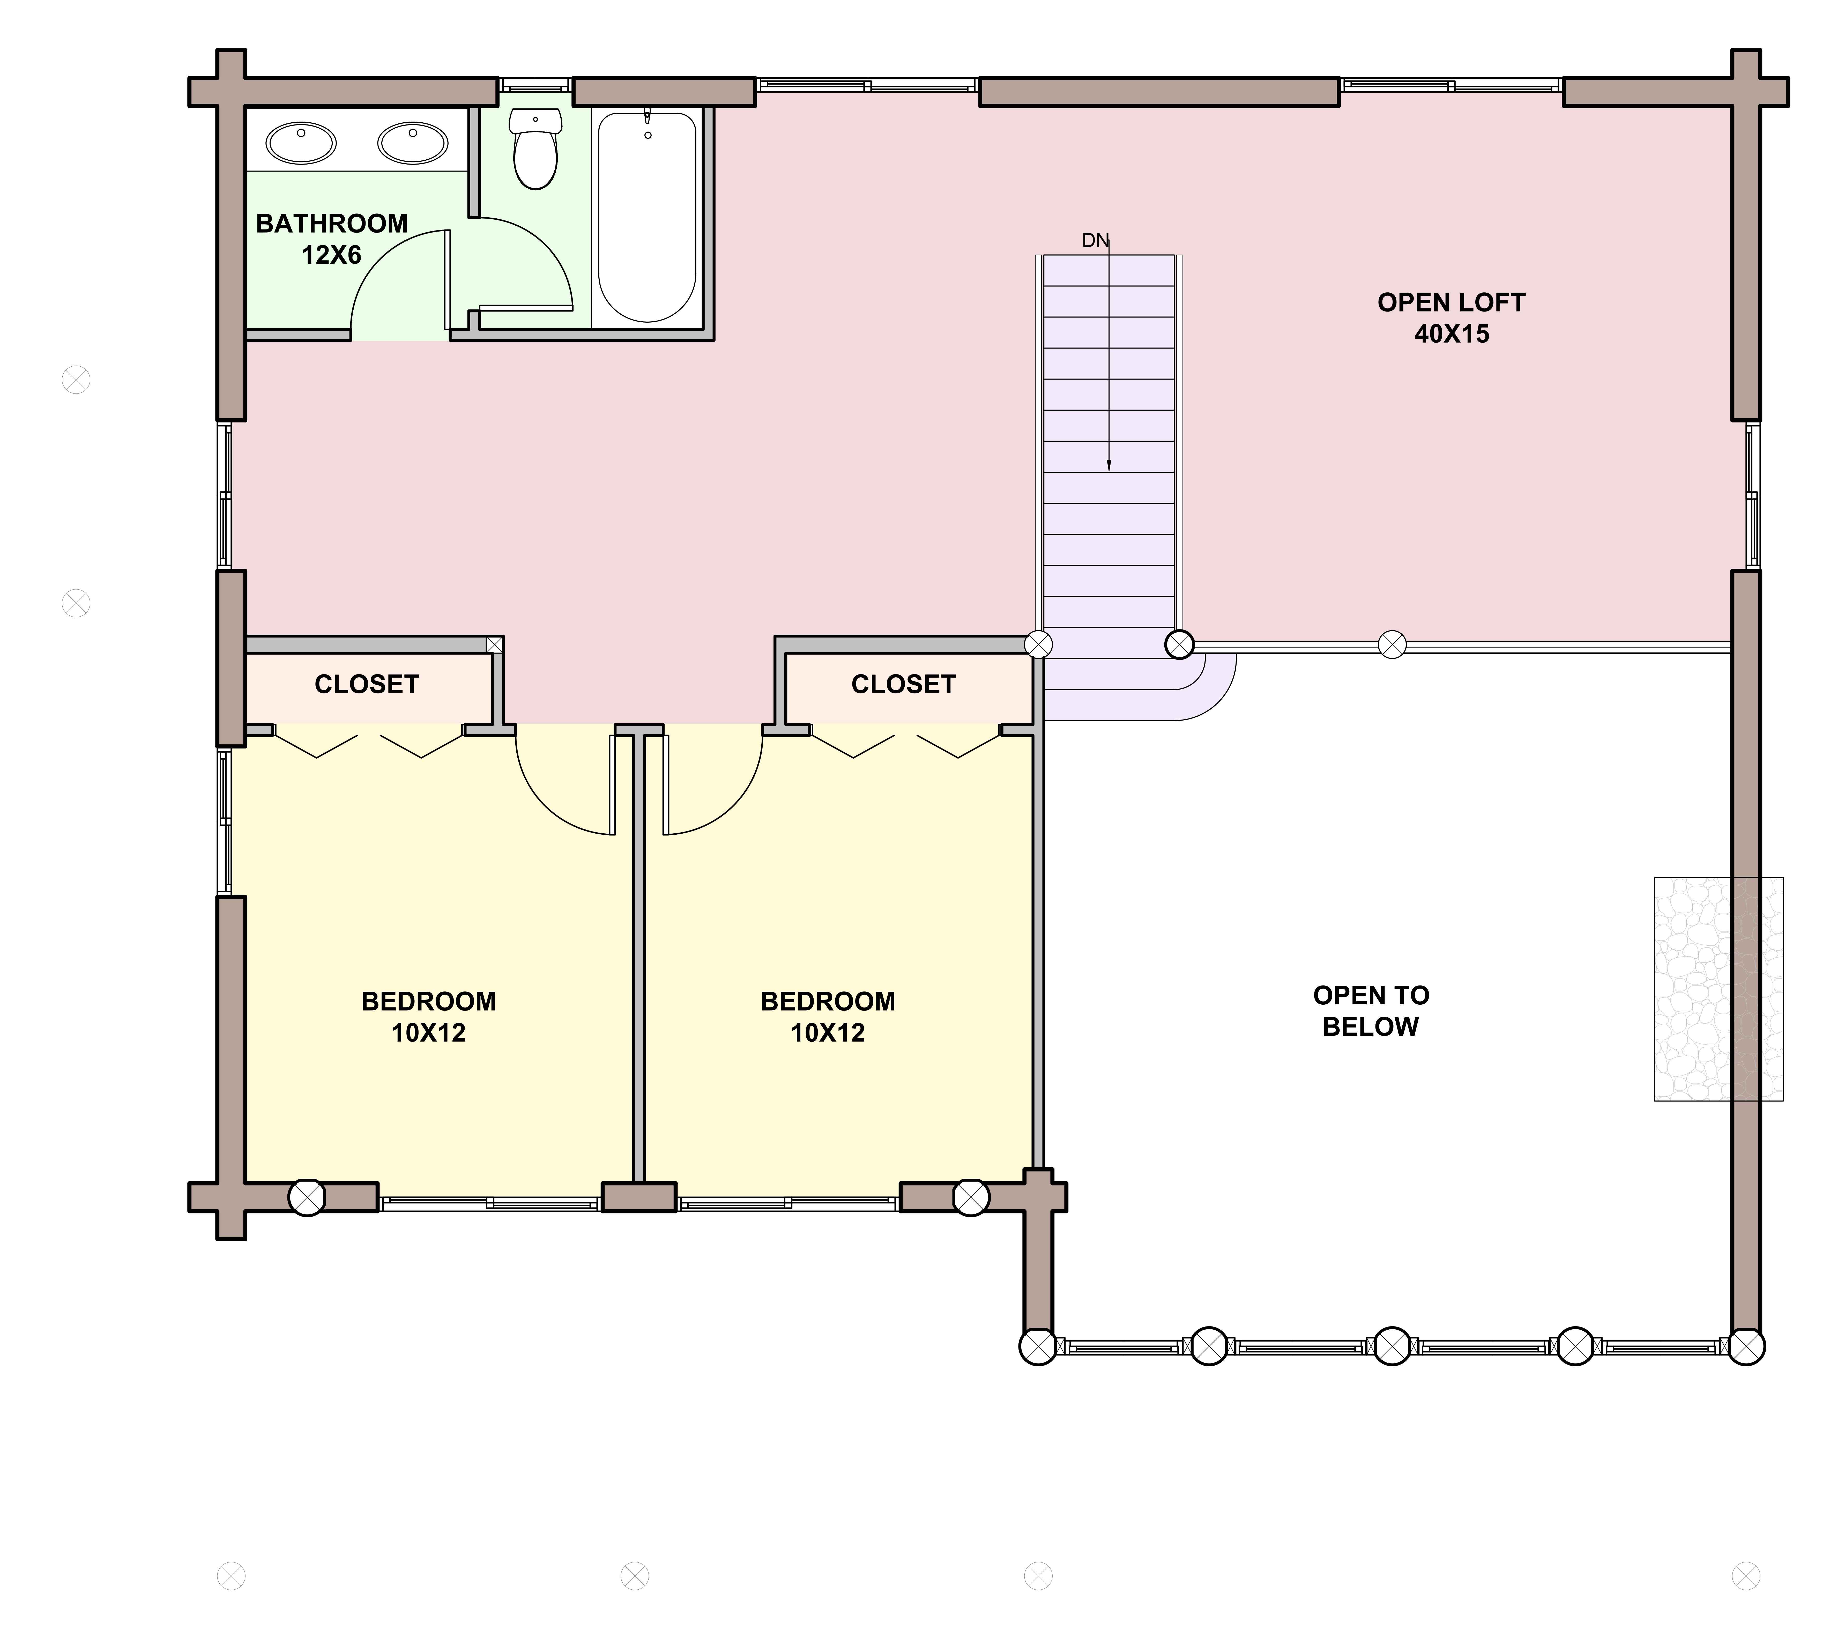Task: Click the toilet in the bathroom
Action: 535,149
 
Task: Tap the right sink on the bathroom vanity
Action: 413,143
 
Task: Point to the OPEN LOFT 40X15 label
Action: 1452,318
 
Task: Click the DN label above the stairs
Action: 1095,240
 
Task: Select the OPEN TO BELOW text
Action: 1371,1011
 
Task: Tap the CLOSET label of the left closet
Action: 367,684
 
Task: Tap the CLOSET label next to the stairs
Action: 904,684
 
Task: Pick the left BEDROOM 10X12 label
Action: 429,1016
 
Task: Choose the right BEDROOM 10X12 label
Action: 828,1016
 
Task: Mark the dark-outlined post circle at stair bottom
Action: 1180,644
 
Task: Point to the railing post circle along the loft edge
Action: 1393,644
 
